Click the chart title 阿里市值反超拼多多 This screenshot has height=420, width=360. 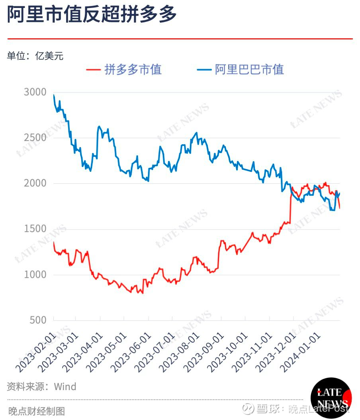[92, 15]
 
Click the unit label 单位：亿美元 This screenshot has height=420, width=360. [35, 56]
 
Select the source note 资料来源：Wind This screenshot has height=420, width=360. [41, 387]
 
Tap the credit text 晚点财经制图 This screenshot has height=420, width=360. [36, 411]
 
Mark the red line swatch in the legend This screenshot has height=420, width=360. [93, 70]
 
